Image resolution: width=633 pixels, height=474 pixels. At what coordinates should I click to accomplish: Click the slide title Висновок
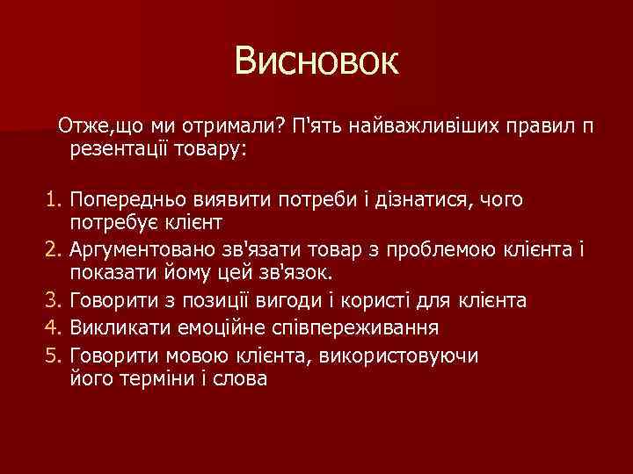[x=316, y=61]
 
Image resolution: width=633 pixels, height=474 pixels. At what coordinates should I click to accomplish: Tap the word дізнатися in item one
[x=420, y=199]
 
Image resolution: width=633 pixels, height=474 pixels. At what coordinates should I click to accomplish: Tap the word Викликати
[x=110, y=327]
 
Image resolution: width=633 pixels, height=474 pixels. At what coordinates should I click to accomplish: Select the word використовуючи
[x=414, y=355]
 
